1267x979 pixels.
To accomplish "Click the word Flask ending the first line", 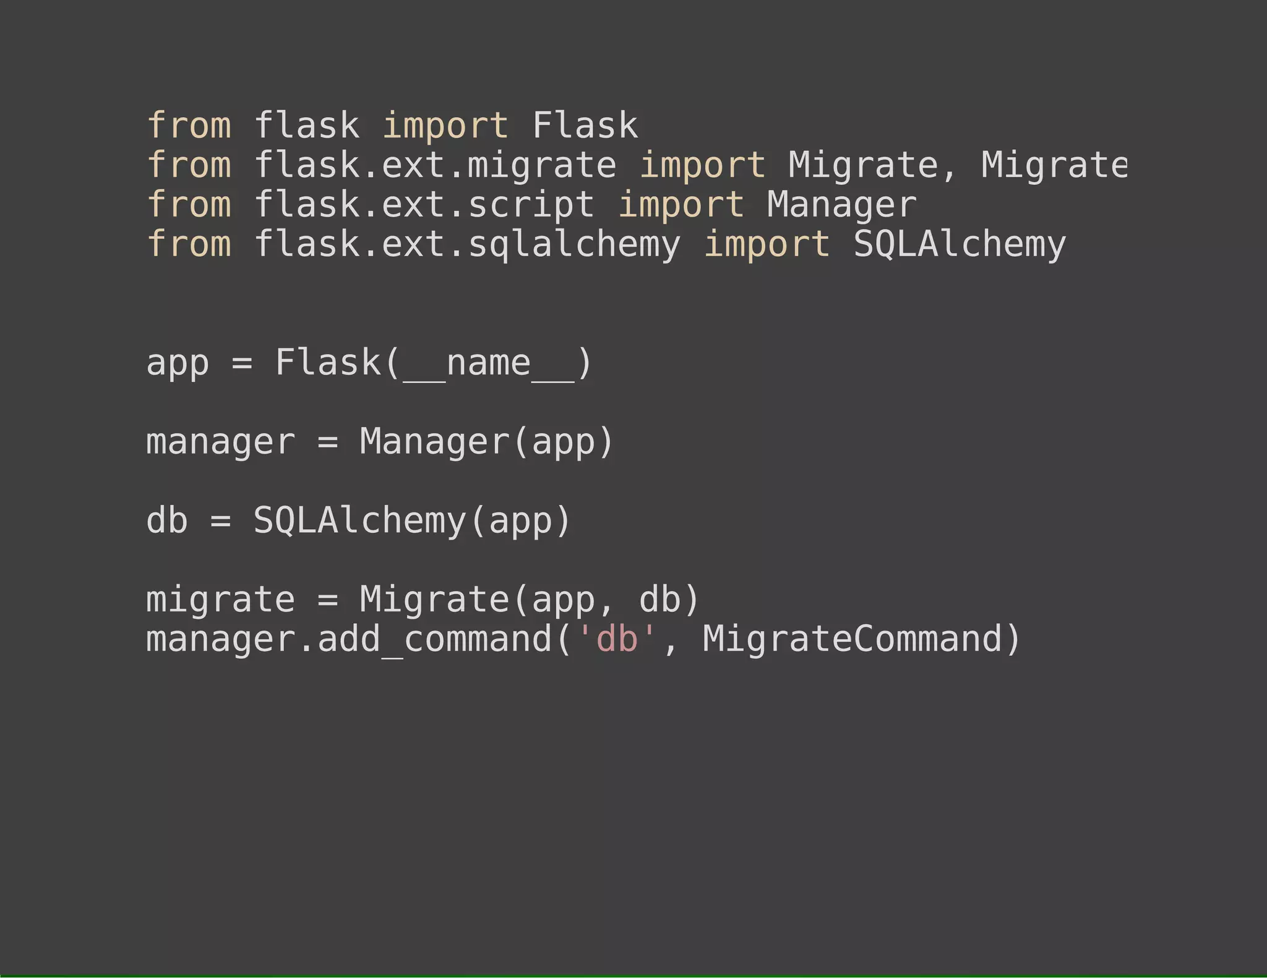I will [x=585, y=126].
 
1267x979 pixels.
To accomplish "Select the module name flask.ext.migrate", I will [x=435, y=165].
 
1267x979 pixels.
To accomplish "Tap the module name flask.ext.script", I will [x=424, y=205].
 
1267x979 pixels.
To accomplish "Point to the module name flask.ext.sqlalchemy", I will [x=467, y=244].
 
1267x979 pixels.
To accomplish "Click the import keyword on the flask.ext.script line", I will [x=681, y=205].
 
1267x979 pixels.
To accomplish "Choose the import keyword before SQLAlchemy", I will [x=767, y=244].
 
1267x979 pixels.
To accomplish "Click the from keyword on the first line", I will [x=189, y=126].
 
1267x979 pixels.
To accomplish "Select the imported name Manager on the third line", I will [x=841, y=205].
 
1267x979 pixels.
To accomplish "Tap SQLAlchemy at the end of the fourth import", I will [x=960, y=244].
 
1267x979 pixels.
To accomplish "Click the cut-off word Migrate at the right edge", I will [x=1054, y=165].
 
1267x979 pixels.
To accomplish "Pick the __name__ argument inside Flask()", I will [x=489, y=363].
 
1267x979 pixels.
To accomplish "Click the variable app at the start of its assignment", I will [x=178, y=363].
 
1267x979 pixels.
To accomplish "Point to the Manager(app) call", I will [x=486, y=442].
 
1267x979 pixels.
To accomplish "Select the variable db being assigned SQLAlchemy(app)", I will [x=167, y=520].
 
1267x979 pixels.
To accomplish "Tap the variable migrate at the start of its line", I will [x=220, y=600].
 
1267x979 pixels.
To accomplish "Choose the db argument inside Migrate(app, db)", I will [x=659, y=600].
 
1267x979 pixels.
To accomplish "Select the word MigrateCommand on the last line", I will [x=853, y=639].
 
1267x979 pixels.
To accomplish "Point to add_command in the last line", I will [x=434, y=639].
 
